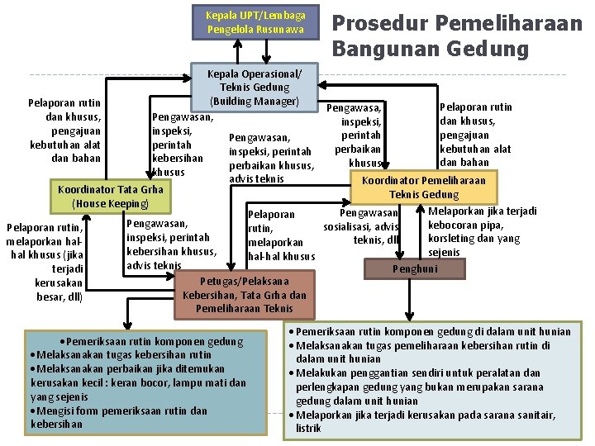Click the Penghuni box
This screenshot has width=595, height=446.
(415, 268)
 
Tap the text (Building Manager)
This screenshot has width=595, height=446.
(255, 101)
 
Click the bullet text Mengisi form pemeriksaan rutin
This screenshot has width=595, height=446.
(120, 410)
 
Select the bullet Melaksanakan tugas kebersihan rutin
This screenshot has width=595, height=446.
(121, 354)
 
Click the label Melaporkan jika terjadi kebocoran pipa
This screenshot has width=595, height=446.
(481, 231)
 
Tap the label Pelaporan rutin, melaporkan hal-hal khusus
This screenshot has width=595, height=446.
(281, 235)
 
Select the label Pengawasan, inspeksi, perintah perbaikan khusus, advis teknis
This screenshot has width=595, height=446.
(270, 158)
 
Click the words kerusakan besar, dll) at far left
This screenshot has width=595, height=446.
(59, 290)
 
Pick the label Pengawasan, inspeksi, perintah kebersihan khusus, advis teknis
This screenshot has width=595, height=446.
(169, 244)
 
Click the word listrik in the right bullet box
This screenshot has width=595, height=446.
(309, 429)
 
